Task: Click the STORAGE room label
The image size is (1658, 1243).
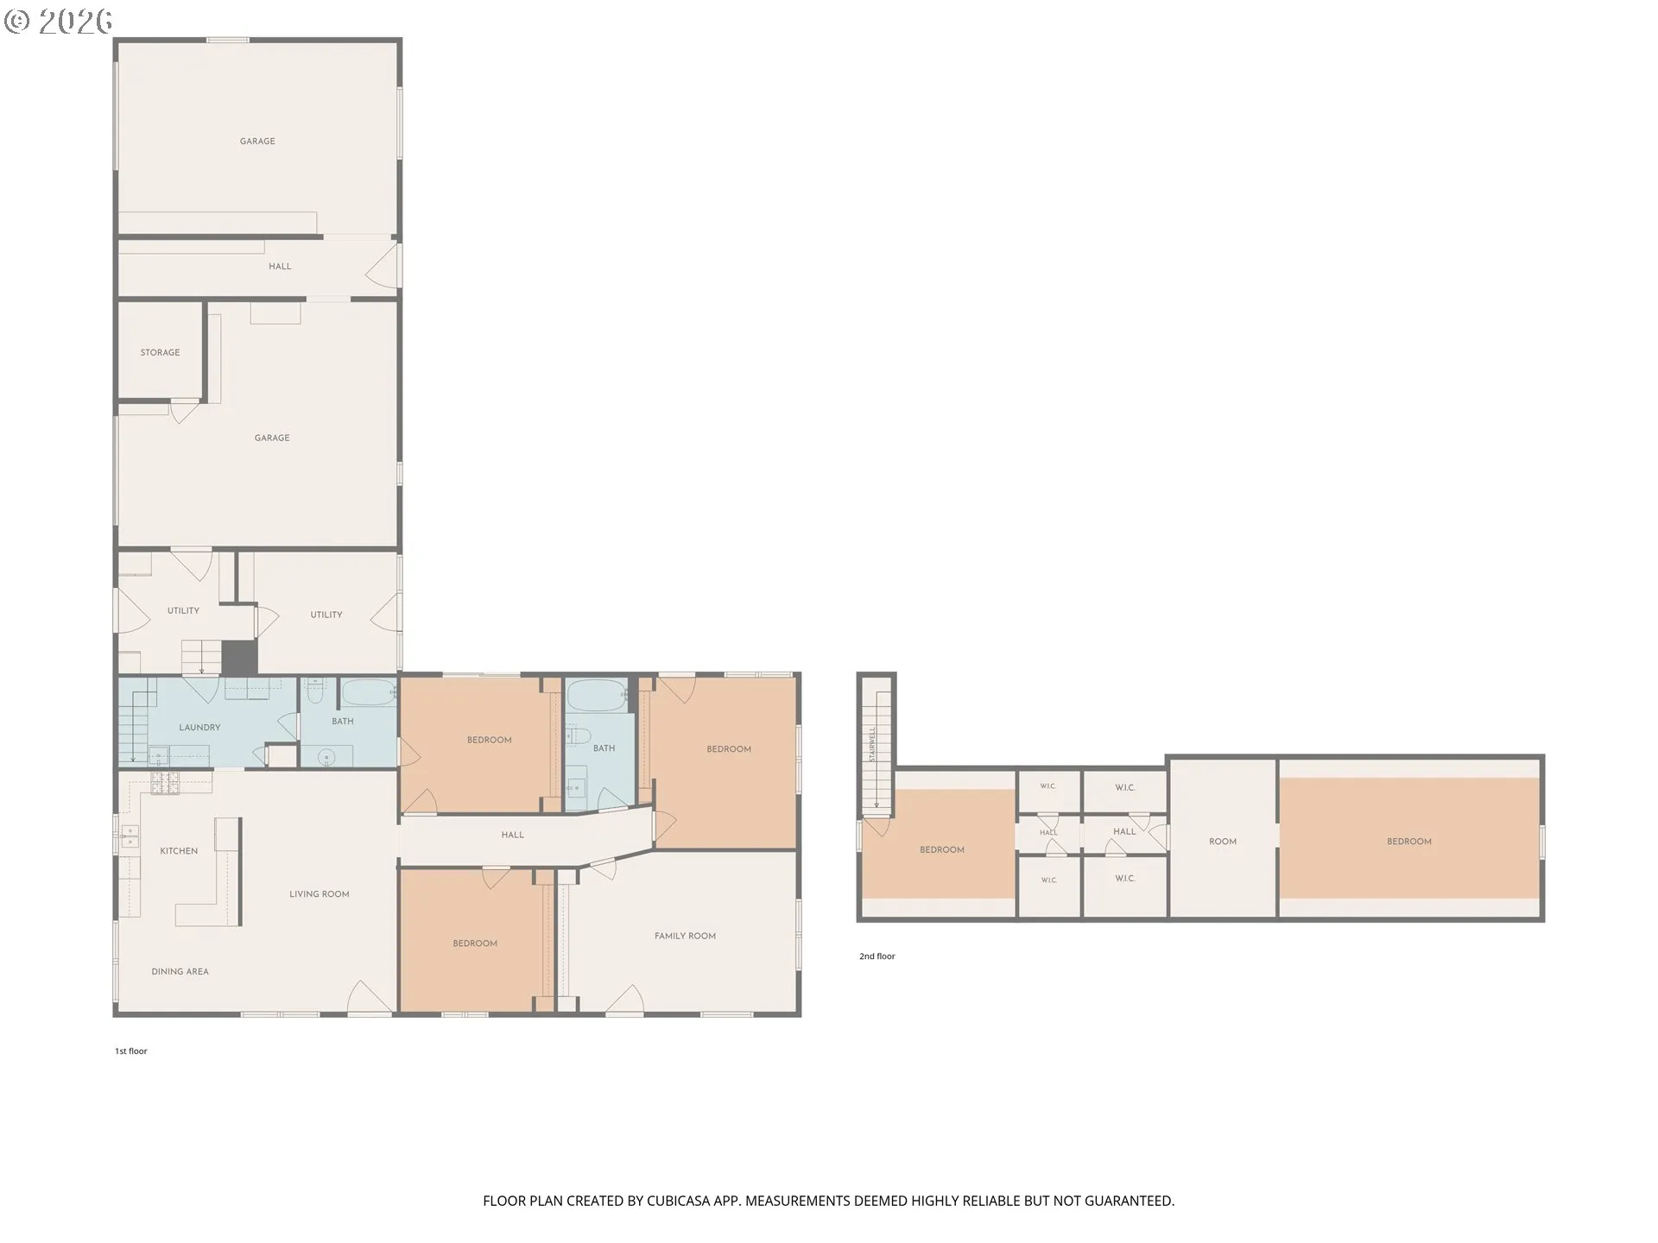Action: (160, 352)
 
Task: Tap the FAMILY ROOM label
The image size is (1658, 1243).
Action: (685, 936)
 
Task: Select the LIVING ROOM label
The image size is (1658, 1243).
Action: (320, 894)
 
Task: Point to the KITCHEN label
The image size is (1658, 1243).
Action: (179, 851)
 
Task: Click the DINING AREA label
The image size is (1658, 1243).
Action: (180, 972)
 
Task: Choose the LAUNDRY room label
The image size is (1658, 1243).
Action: (199, 728)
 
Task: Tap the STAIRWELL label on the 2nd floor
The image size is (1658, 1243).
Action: (872, 743)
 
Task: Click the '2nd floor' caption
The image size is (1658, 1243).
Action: (876, 956)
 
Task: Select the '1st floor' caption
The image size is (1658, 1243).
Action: (131, 1051)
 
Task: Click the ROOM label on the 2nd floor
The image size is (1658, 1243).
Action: (1223, 842)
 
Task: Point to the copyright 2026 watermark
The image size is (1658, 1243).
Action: (58, 21)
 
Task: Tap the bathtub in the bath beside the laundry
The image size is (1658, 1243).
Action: (368, 692)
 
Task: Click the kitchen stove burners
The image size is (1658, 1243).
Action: (163, 784)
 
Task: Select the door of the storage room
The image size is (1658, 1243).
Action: (183, 410)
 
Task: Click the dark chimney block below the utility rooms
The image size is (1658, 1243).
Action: (239, 658)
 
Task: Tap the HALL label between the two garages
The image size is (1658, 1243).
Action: (280, 267)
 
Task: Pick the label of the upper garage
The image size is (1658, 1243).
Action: (257, 142)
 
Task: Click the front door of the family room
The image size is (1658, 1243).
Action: (624, 1000)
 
